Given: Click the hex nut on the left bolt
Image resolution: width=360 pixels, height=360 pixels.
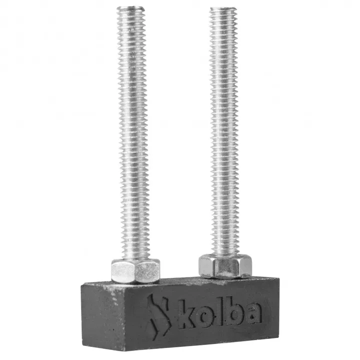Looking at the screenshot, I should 135,270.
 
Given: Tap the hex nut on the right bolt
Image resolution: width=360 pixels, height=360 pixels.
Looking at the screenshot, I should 224,265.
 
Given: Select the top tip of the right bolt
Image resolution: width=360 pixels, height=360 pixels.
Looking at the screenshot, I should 222,9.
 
